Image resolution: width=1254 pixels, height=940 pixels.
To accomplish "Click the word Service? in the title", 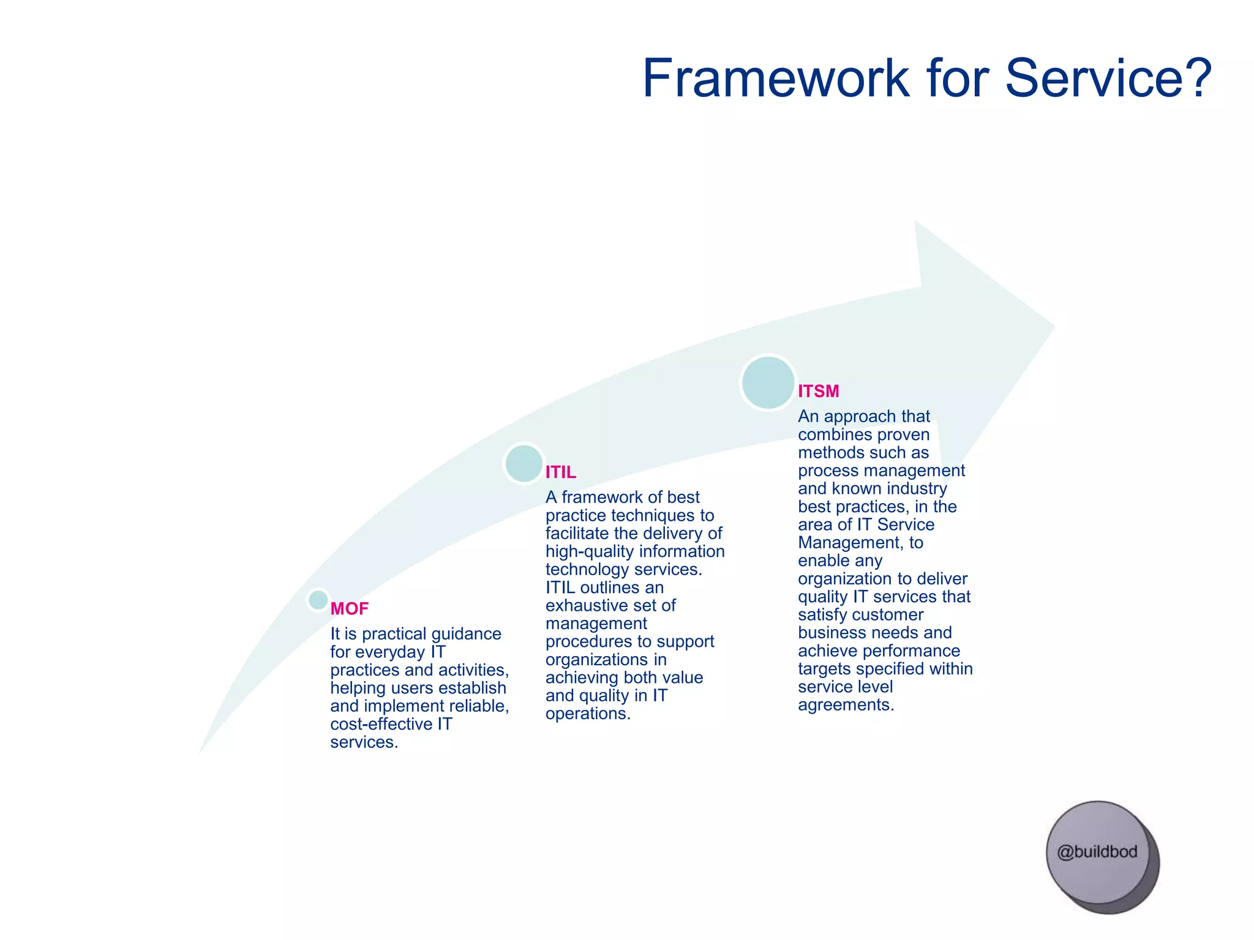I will click(1108, 78).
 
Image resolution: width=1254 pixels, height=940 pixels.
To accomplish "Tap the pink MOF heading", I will click(349, 608).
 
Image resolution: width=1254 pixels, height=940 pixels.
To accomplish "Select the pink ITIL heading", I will click(560, 472).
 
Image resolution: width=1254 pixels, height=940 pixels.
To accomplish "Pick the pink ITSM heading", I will click(818, 391).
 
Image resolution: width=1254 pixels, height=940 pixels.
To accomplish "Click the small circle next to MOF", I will click(318, 600).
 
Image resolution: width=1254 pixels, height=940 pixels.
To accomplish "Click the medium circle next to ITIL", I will click(524, 463).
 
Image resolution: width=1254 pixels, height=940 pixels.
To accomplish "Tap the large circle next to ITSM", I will click(768, 382).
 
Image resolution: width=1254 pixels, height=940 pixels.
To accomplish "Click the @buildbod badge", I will click(1097, 852).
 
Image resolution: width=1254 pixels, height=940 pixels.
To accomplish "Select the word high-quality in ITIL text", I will click(580, 551).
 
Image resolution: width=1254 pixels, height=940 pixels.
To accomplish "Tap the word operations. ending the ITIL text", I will click(588, 714).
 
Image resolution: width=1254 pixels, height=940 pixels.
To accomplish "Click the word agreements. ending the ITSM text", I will click(846, 705).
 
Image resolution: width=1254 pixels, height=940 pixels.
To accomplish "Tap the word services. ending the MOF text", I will click(364, 742).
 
